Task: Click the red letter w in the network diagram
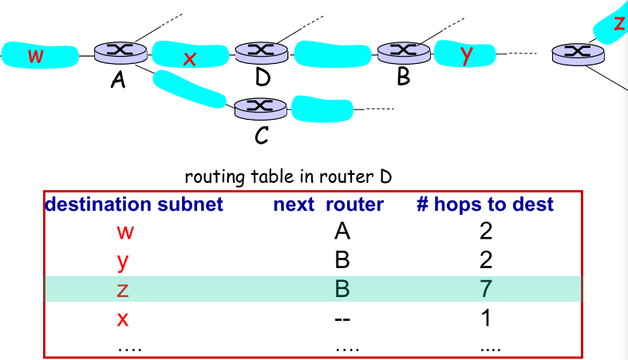click(35, 56)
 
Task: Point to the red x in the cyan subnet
click(189, 58)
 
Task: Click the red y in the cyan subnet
click(467, 54)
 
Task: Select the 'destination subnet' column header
click(134, 204)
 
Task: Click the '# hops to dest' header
click(484, 204)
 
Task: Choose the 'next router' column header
click(328, 204)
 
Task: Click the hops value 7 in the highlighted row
click(486, 288)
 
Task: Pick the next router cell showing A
click(342, 232)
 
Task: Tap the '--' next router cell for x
click(342, 318)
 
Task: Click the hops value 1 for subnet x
click(486, 318)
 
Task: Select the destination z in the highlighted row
click(122, 289)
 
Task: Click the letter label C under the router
click(261, 136)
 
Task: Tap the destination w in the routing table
click(124, 232)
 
